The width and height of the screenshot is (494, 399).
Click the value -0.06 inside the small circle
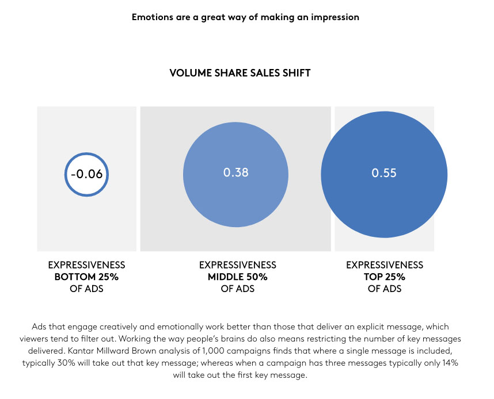pos(86,174)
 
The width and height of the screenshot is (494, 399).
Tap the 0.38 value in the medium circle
pos(236,172)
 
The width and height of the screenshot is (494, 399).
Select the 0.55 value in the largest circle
pos(384,172)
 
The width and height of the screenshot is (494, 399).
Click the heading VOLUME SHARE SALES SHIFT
pos(240,73)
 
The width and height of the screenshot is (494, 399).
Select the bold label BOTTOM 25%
pos(86,277)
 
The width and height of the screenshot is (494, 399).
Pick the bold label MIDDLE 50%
pos(238,277)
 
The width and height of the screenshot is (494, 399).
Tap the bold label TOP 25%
pos(385,277)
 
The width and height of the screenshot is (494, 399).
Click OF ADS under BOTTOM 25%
pos(86,289)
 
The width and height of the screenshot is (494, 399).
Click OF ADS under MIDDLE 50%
pos(238,289)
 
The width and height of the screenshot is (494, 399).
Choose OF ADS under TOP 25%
pos(385,289)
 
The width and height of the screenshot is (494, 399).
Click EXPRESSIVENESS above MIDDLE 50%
pos(238,265)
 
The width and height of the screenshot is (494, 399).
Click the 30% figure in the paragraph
pos(66,363)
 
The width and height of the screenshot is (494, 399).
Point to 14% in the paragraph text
pos(450,363)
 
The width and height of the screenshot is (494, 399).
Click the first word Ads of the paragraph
pos(39,327)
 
